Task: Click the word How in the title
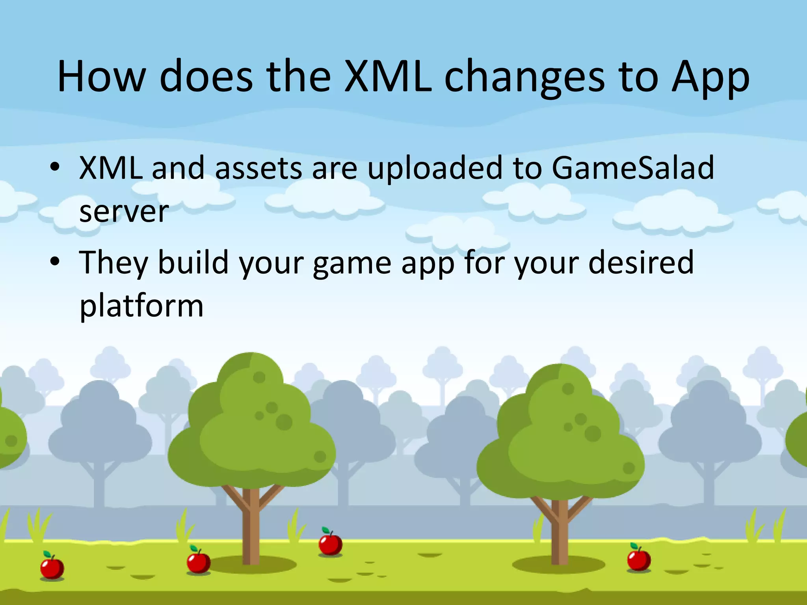click(102, 76)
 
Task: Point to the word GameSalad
click(632, 168)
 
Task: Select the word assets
click(258, 169)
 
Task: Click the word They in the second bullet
click(113, 263)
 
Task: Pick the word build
click(193, 262)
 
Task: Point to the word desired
click(641, 262)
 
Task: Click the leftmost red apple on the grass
click(52, 567)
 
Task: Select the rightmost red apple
click(638, 559)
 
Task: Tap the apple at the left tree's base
click(198, 561)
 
